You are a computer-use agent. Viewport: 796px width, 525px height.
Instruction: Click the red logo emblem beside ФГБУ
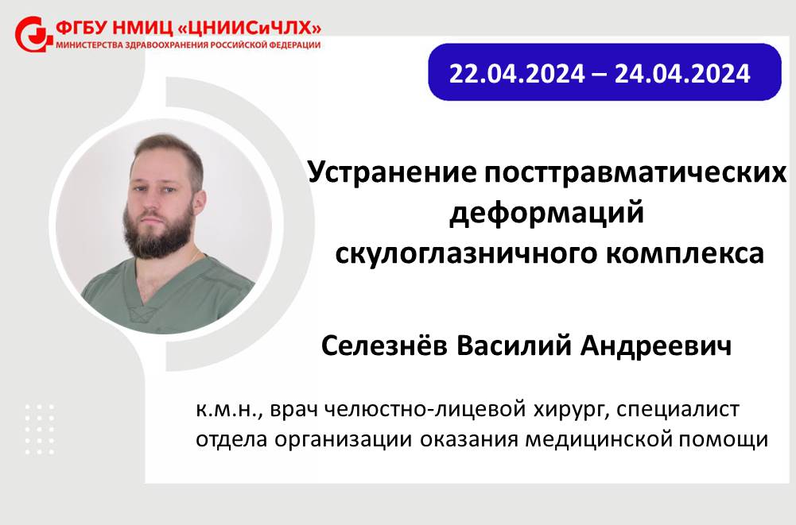(33, 34)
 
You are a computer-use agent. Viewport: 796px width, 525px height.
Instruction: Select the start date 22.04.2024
(517, 74)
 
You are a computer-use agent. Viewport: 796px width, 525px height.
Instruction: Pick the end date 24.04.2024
(682, 74)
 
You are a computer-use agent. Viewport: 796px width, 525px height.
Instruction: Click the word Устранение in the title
(392, 173)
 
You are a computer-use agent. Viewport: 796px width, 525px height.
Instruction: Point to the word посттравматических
(635, 173)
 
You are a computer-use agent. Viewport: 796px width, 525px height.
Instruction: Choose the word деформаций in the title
(547, 213)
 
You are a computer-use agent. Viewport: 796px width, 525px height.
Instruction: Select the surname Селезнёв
(384, 346)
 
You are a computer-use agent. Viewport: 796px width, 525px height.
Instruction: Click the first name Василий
(514, 346)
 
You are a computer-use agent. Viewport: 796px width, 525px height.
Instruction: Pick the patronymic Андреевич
(655, 346)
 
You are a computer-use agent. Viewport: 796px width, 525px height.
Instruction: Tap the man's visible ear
(199, 202)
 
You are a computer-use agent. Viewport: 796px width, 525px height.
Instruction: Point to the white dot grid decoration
(40, 429)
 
